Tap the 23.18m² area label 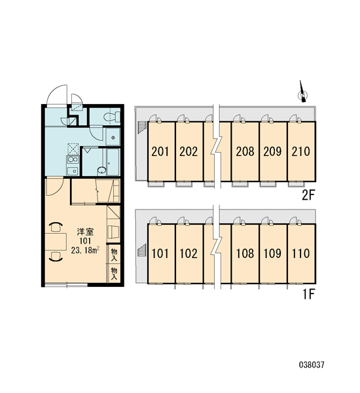85,250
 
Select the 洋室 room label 85,232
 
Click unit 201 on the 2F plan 160,151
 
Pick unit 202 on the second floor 189,151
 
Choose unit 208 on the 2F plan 245,151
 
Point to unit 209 273,151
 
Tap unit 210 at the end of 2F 301,151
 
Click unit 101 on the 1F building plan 160,253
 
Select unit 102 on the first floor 189,253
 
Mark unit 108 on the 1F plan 245,253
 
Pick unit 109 273,253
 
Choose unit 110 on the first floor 301,253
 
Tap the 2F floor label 308,195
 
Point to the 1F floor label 308,294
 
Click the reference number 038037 312,365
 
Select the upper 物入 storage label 114,254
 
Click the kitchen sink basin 73,171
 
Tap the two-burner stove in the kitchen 73,160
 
